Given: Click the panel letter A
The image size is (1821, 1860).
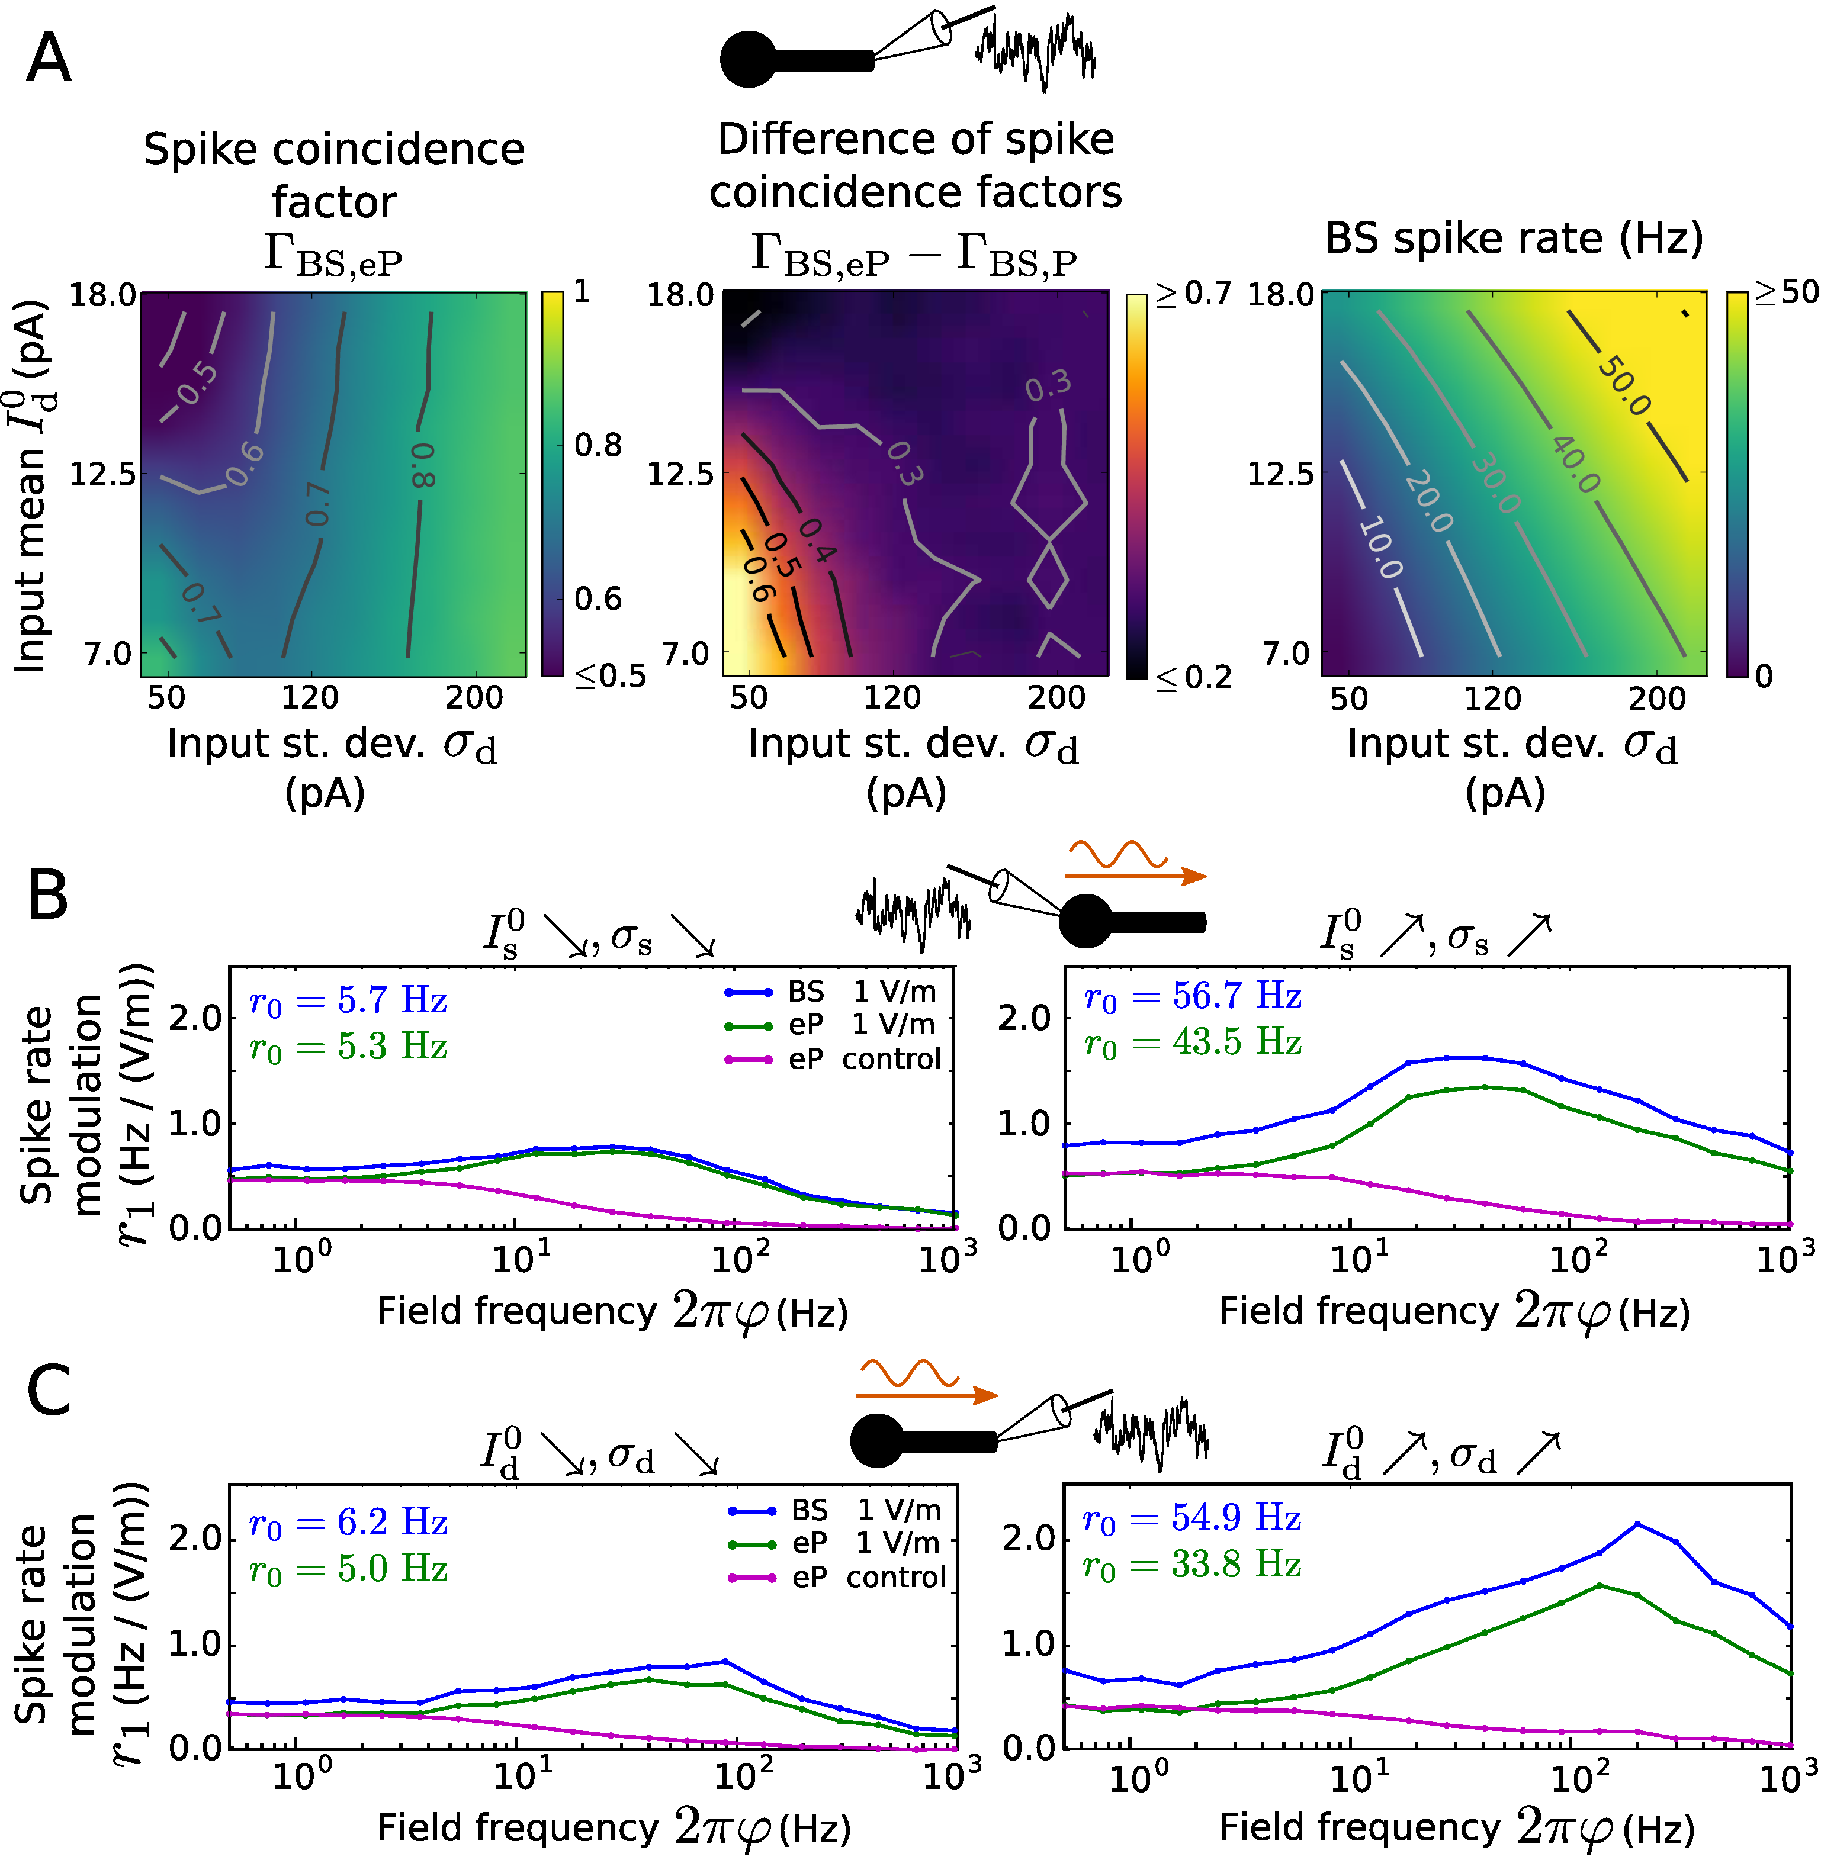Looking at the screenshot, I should point(49,59).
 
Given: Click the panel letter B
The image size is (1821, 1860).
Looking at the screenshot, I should point(48,894).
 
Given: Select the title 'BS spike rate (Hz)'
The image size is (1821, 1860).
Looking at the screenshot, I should point(1513,239).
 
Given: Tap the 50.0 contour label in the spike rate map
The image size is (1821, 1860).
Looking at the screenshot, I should point(1624,387).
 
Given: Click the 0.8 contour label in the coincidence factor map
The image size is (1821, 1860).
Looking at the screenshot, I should point(422,465).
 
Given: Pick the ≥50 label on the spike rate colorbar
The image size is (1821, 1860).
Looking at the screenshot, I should point(1785,292).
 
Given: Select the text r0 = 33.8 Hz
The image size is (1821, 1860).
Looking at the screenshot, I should point(1191,1565).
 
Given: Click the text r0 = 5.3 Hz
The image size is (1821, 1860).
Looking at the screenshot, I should point(348,1047).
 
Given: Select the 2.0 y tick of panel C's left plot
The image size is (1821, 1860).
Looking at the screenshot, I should point(194,1539).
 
